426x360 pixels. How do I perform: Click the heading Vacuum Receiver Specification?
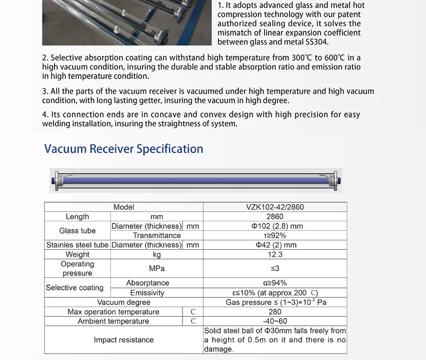click(124, 149)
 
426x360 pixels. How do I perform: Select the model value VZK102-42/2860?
click(275, 207)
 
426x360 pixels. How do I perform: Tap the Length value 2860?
click(275, 217)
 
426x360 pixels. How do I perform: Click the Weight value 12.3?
click(275, 255)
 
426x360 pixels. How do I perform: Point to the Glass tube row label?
click(77, 231)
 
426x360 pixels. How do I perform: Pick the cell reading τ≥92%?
click(275, 236)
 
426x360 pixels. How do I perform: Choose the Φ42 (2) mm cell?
click(275, 245)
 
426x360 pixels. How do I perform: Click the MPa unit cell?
click(157, 268)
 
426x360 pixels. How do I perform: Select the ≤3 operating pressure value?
click(275, 268)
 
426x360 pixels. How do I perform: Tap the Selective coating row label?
click(75, 287)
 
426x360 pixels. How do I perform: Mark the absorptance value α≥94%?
click(275, 283)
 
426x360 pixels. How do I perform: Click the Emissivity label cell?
click(147, 293)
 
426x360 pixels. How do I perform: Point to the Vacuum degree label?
click(124, 302)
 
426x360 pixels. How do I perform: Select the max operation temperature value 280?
click(275, 312)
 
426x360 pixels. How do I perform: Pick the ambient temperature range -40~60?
click(275, 321)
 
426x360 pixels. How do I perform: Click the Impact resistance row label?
click(124, 340)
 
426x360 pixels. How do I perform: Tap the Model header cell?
click(124, 207)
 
